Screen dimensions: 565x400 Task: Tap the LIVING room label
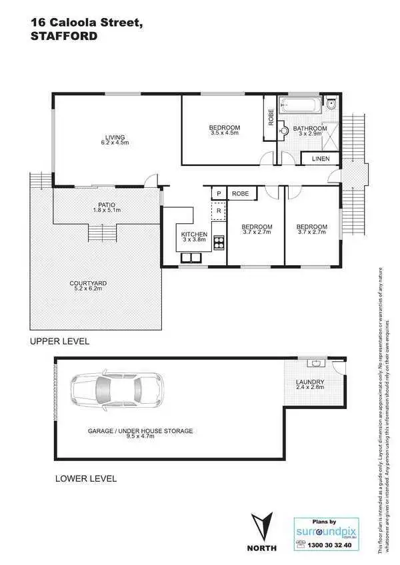(x=114, y=137)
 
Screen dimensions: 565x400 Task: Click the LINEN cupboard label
(x=319, y=159)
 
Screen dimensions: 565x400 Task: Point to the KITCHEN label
(x=194, y=235)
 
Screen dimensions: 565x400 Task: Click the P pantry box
(x=218, y=194)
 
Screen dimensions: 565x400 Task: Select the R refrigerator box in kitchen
(x=218, y=211)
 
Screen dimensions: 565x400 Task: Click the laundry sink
(x=316, y=364)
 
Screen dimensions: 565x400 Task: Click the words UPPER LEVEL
(x=59, y=341)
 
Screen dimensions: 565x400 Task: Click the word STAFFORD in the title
(x=63, y=37)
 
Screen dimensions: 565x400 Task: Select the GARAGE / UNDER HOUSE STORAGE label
(x=140, y=431)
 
